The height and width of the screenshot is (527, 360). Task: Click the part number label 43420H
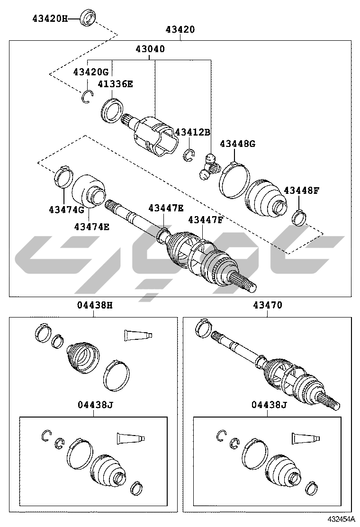point(50,19)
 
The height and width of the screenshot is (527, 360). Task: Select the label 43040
point(151,49)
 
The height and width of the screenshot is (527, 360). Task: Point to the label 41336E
point(115,84)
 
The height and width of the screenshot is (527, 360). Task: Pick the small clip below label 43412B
point(189,154)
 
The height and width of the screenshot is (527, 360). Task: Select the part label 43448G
point(237,144)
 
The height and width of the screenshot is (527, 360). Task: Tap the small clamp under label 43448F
point(298,217)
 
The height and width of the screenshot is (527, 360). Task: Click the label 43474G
point(66,210)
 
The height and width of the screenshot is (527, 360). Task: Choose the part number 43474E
point(92,227)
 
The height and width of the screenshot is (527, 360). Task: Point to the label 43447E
point(166,209)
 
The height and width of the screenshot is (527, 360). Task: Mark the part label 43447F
point(206,220)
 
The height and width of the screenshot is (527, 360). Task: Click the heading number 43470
point(267,305)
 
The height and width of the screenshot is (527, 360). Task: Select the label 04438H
point(95,305)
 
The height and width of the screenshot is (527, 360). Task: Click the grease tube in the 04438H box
point(138,335)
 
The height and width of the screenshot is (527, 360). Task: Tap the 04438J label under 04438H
point(95,405)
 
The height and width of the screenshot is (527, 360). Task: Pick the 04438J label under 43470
point(269,405)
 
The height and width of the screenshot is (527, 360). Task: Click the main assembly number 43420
point(180,29)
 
